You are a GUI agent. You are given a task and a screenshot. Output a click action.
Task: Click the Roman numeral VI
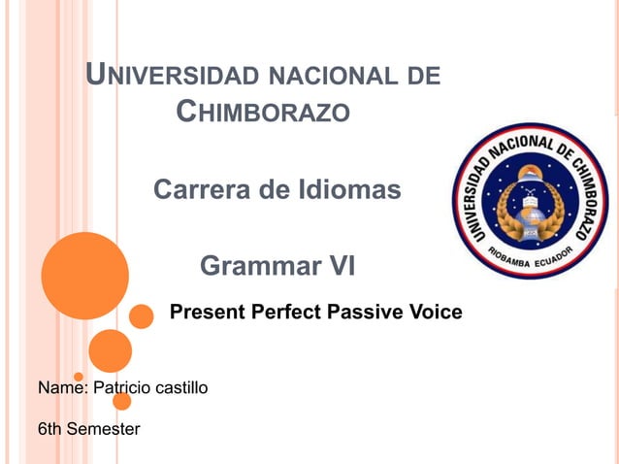(338, 265)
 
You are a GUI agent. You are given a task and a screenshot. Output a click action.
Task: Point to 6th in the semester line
(49, 429)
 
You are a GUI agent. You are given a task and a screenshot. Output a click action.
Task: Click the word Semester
(102, 429)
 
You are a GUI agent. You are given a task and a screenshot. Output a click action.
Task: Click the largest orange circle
(85, 277)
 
